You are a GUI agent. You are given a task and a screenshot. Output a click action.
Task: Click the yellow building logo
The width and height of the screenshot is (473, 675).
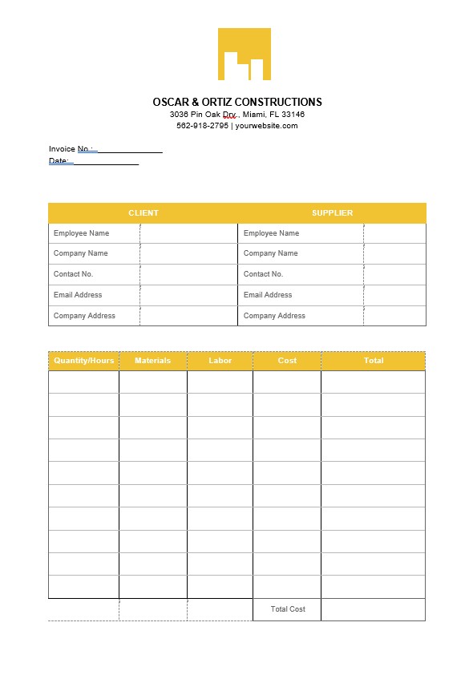tap(244, 55)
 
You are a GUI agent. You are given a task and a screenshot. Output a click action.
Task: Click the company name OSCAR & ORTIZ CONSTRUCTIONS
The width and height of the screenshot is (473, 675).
tap(237, 102)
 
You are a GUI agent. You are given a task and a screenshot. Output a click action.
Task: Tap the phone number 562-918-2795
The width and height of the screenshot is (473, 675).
tap(202, 126)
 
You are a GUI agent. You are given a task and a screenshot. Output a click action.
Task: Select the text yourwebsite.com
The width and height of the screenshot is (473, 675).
tap(266, 126)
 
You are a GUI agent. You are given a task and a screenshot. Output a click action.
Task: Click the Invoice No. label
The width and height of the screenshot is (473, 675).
tap(71, 149)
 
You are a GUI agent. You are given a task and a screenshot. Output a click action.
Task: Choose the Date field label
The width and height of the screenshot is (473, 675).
tap(59, 161)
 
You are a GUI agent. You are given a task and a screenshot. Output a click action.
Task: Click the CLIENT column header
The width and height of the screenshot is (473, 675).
tap(144, 213)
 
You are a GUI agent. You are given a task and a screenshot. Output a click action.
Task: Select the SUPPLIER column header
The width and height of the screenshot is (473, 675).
tap(332, 213)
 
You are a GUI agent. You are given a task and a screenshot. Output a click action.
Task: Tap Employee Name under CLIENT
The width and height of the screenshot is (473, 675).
tap(81, 233)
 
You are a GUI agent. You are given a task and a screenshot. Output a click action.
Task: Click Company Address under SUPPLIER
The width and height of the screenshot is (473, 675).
tap(274, 316)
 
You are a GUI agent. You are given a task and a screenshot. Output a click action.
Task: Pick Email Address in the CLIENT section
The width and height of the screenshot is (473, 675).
tap(78, 295)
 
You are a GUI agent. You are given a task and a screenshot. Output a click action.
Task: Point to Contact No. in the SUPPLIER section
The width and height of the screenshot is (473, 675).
tap(263, 274)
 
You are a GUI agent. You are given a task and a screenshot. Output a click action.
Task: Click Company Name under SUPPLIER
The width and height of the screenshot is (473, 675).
tap(270, 253)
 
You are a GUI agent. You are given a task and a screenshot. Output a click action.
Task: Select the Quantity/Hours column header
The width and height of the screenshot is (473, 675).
tap(83, 361)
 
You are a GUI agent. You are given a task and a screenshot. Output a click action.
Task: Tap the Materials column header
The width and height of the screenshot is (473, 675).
tap(152, 361)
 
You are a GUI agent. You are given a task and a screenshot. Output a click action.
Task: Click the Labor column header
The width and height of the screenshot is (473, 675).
tap(220, 361)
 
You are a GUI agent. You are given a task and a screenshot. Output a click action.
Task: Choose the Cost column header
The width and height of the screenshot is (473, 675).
tap(287, 361)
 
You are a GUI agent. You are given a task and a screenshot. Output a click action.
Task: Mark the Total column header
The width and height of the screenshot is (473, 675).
tap(373, 361)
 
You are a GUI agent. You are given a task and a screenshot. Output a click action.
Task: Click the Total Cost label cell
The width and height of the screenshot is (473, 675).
tap(288, 609)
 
